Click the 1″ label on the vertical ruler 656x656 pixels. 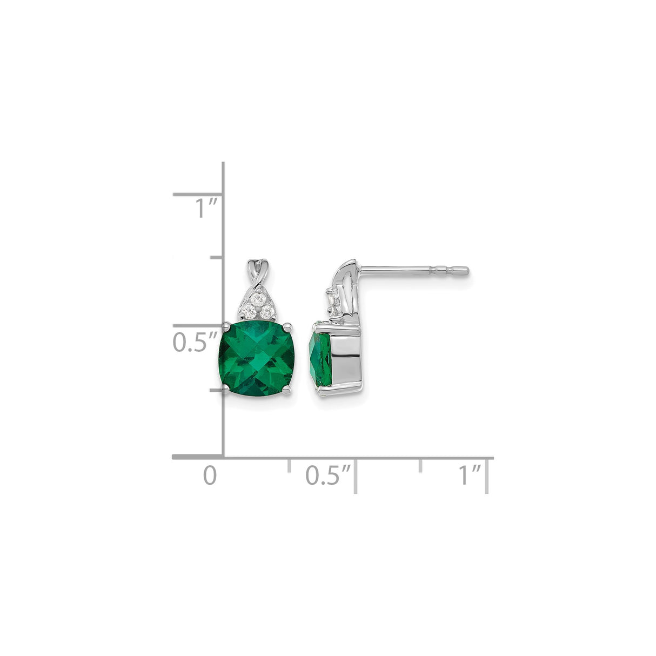[206, 207]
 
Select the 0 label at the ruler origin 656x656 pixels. [210, 475]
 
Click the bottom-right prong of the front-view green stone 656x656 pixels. [290, 390]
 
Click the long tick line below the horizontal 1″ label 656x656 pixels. [487, 475]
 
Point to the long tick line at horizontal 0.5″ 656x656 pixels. [355, 475]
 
